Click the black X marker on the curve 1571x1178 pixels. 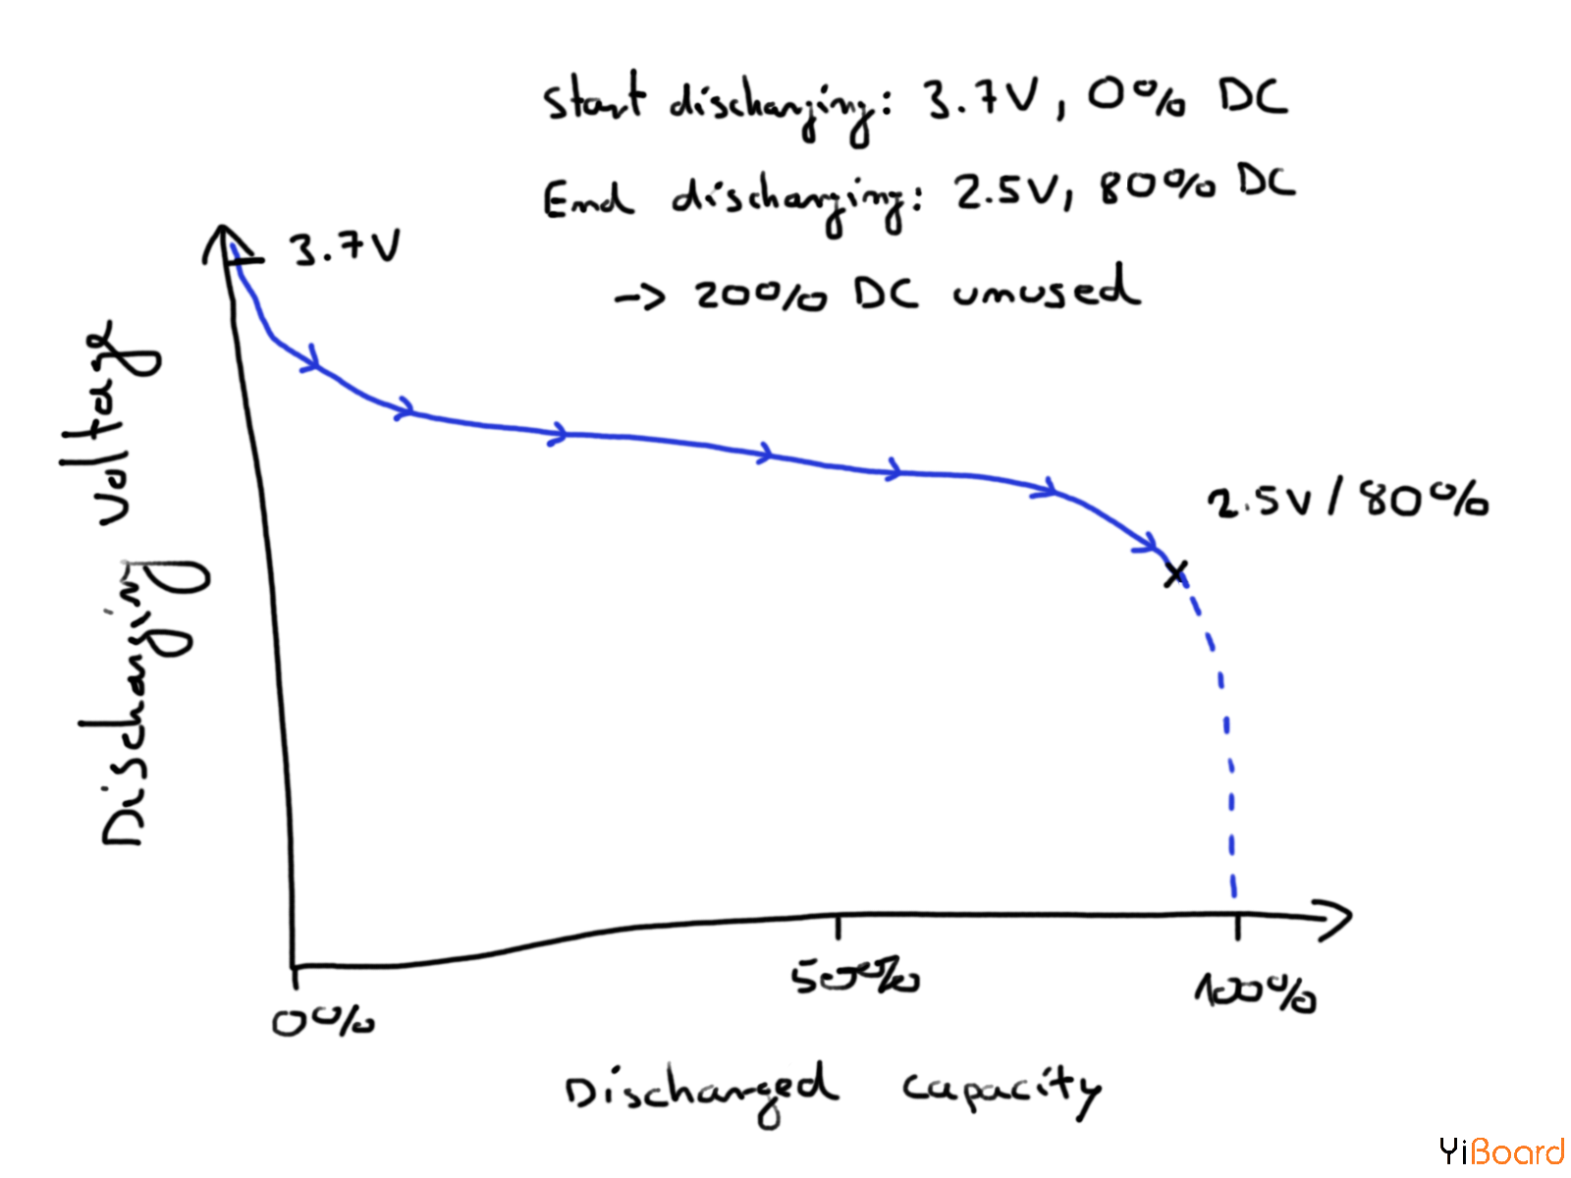point(1175,573)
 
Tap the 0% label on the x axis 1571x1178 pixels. point(323,1022)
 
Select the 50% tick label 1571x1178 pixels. point(854,977)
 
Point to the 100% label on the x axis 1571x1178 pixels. point(1255,992)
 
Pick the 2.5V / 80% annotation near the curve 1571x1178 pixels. point(1347,500)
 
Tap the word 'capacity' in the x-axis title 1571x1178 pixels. point(1001,1088)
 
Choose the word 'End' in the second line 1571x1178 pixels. point(587,199)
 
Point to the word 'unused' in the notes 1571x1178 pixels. point(1046,291)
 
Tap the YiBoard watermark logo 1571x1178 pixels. point(1501,1151)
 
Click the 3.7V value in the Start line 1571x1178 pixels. point(979,98)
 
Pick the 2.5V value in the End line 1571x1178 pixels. point(1011,190)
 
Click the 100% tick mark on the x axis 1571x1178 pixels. point(1237,925)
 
